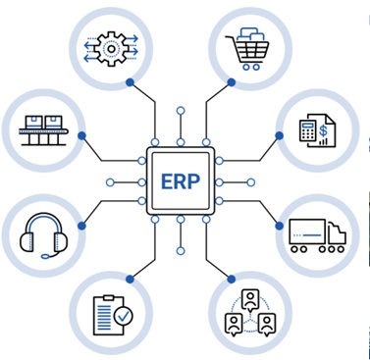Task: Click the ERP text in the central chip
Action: click(x=181, y=181)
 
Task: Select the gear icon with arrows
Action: click(x=111, y=49)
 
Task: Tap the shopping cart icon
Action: click(x=247, y=49)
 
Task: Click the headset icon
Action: click(x=44, y=235)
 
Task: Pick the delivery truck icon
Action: click(x=317, y=235)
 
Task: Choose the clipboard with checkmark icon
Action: click(x=113, y=315)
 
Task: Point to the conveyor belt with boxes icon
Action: click(x=43, y=130)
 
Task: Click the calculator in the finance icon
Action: click(x=307, y=130)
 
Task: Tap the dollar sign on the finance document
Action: click(x=323, y=130)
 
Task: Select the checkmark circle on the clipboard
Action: click(x=124, y=316)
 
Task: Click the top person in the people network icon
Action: click(x=250, y=300)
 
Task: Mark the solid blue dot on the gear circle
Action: click(x=131, y=82)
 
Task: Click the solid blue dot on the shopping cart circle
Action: click(x=232, y=82)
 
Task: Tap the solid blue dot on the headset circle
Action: click(x=81, y=226)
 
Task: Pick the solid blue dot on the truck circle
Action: click(x=280, y=226)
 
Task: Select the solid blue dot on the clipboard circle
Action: click(x=131, y=279)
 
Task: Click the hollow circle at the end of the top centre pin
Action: click(x=181, y=111)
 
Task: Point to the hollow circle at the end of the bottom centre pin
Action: click(x=181, y=251)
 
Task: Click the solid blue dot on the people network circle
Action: click(x=232, y=280)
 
